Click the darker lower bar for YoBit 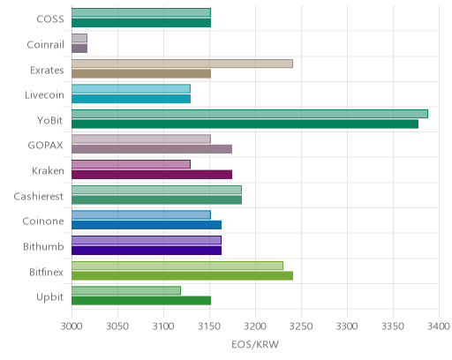245,124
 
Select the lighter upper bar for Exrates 182,64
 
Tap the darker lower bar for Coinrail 79,49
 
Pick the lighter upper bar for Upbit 126,290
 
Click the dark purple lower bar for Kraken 152,175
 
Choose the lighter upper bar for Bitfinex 177,266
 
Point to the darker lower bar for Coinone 147,225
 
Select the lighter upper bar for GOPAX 141,139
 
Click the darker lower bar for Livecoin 132,99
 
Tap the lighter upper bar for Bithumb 147,240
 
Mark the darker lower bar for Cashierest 157,199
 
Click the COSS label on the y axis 50,19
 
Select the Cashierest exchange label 39,196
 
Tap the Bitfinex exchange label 46,272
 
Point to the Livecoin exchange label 44,94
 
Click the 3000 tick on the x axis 72,326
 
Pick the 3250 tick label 301,326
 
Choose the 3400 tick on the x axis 439,326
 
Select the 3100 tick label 163,326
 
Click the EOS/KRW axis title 255,344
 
